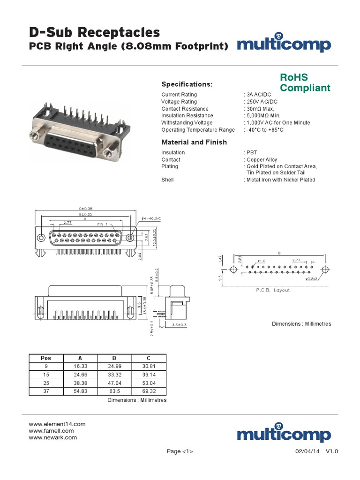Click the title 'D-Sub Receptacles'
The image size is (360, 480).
[x=94, y=32]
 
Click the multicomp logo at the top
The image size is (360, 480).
[x=284, y=45]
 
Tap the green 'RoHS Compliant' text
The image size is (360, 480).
[x=305, y=82]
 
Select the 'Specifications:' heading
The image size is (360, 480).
[x=187, y=84]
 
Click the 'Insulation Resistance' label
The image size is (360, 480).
[x=187, y=116]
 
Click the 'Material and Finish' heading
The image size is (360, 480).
[x=194, y=142]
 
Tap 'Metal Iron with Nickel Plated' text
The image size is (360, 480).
[x=280, y=180]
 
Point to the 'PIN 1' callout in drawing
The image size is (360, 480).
[x=102, y=224]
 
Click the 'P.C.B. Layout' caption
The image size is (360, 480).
[x=272, y=290]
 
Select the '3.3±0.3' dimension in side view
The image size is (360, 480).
[x=179, y=324]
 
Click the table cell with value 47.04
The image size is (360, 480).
[x=114, y=383]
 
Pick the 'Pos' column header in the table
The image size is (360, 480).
[x=46, y=358]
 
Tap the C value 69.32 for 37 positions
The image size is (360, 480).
[x=149, y=391]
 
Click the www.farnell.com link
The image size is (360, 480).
[x=51, y=431]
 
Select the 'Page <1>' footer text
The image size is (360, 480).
[x=180, y=451]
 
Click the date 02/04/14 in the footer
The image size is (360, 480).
[x=307, y=451]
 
